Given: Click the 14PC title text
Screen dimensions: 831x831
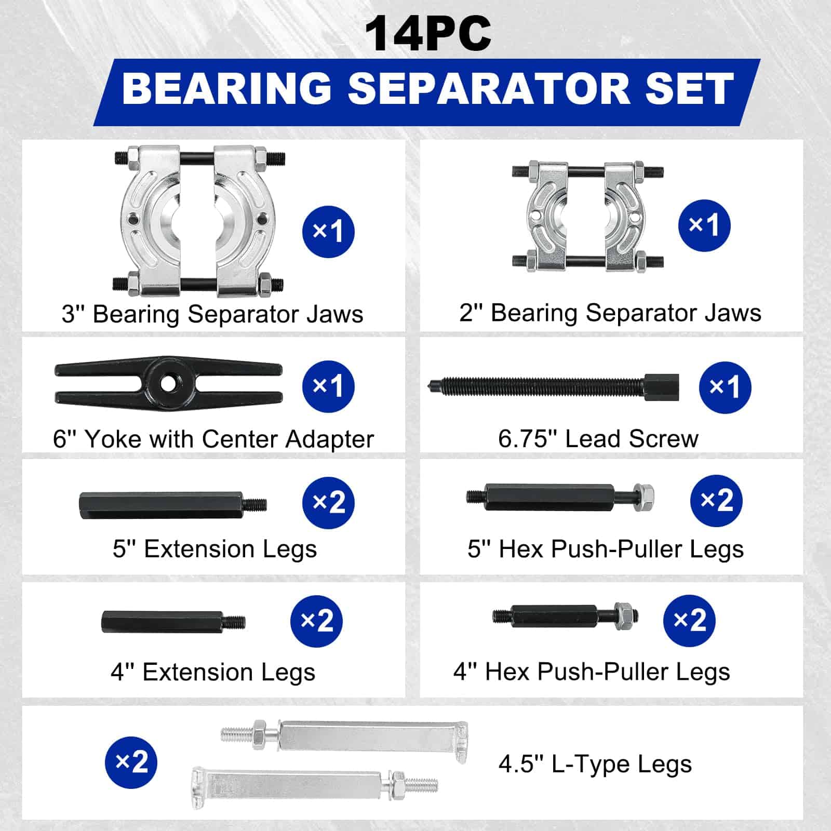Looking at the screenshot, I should point(427,34).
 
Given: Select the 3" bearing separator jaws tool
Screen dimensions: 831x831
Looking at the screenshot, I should point(198,221).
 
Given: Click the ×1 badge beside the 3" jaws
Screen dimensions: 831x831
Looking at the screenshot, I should point(328,231).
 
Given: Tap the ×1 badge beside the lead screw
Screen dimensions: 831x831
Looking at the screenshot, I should point(725,387).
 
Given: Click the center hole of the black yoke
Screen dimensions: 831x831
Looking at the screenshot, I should point(167,384).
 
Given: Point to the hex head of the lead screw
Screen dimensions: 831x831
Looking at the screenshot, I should point(661,387).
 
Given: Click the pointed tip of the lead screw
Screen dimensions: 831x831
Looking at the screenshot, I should point(432,386).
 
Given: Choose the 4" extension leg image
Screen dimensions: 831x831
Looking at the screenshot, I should point(172,622).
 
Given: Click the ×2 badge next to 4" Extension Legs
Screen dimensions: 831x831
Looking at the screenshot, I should point(316,621).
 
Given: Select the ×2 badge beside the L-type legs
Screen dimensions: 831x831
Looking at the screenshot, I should point(131,762).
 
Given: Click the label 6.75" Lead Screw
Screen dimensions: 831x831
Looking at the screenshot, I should point(598,439).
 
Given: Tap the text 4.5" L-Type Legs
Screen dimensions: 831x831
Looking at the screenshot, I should point(595,764).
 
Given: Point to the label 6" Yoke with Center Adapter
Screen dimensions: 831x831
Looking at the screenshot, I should point(213,439).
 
